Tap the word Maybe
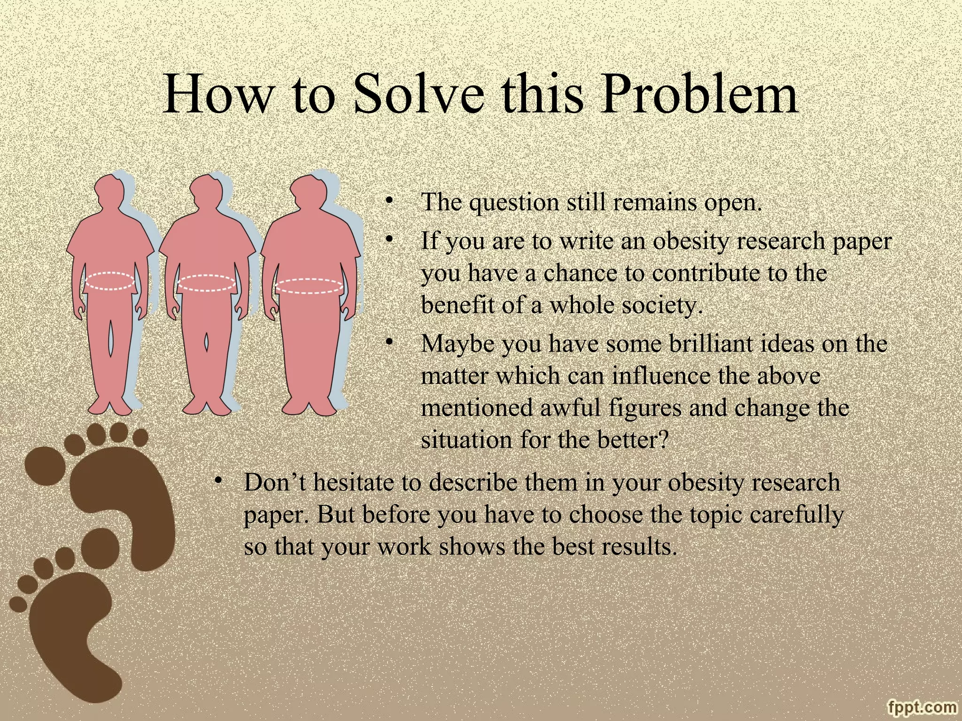click(x=458, y=344)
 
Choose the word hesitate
click(x=354, y=483)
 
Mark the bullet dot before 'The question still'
click(x=388, y=202)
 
